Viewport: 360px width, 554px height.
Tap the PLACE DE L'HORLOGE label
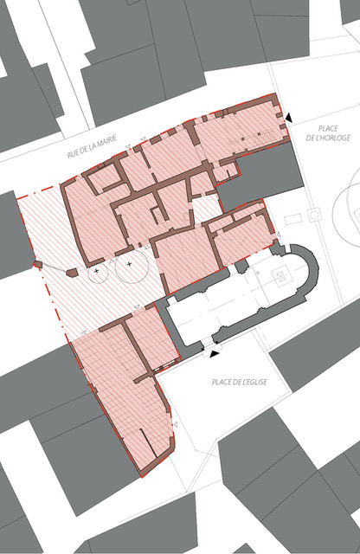328,133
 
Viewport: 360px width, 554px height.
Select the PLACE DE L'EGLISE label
240,382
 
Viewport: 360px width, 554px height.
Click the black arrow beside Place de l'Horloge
289,118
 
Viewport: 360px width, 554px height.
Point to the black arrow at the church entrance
215,354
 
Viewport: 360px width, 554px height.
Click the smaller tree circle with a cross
96,271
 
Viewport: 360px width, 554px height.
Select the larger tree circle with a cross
129,264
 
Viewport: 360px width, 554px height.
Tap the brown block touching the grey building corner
37,263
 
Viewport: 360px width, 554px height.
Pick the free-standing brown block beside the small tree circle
72,273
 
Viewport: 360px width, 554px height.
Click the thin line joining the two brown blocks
55,267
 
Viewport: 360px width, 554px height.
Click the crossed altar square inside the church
281,275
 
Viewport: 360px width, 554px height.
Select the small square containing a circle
314,215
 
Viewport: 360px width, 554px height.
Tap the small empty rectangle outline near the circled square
293,219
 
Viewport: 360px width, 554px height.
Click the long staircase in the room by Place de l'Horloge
252,138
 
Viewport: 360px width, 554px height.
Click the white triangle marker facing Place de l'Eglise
175,424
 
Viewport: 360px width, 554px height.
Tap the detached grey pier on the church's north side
242,266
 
